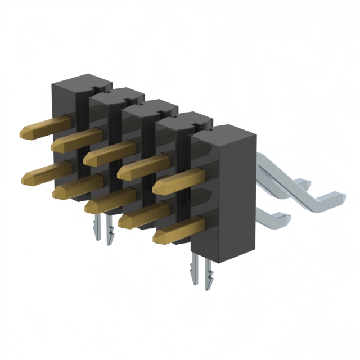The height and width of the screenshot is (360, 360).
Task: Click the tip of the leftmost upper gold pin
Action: (24, 133)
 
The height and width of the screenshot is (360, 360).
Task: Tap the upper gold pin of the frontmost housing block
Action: (180, 182)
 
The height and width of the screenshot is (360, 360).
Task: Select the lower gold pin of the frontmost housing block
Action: (180, 229)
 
